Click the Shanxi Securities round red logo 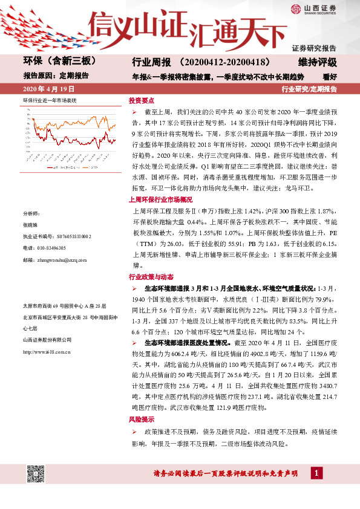pos(296,8)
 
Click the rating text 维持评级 pos(316,62)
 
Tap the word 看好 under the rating pos(330,76)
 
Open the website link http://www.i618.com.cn pos(49,352)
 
